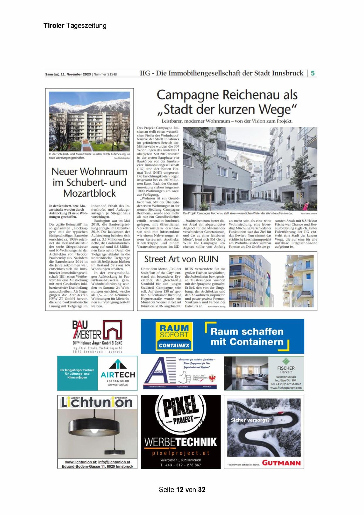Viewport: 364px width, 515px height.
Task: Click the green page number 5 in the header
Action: click(x=313, y=73)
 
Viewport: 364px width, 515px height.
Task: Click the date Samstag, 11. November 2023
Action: click(x=68, y=75)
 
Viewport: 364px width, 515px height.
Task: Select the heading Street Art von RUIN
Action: click(x=181, y=259)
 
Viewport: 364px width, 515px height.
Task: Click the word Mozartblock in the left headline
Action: click(x=89, y=193)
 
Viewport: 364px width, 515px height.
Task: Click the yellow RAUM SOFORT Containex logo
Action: click(x=174, y=336)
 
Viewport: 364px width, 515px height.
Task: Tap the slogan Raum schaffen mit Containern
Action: click(x=247, y=337)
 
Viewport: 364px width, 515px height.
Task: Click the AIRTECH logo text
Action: click(x=118, y=375)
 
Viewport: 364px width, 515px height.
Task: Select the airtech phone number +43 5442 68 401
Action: click(x=118, y=381)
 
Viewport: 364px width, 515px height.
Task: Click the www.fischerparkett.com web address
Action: click(x=286, y=388)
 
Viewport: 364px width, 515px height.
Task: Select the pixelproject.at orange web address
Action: click(x=181, y=453)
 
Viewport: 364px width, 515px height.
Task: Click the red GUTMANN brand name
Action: click(x=281, y=463)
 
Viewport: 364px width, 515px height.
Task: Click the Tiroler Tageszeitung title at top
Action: click(x=75, y=26)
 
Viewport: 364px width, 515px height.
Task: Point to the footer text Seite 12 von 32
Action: click(x=182, y=489)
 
